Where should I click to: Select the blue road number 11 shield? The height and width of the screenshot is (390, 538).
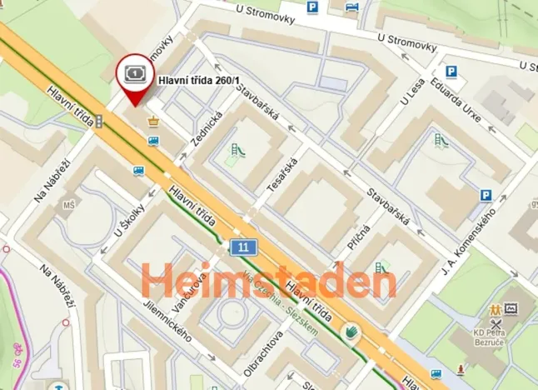pos(242,247)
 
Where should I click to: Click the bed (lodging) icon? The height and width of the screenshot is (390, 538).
pos(351,7)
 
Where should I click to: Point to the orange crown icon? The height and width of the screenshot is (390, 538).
pos(152,122)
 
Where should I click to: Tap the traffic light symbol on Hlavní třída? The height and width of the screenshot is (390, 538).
pos(99,122)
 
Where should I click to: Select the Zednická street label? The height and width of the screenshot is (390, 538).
pos(206,129)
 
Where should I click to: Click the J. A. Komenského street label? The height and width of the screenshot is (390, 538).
pos(469,241)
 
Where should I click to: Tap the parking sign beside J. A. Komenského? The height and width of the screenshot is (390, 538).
pos(486,196)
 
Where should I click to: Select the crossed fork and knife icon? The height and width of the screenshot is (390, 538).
pos(496,323)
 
